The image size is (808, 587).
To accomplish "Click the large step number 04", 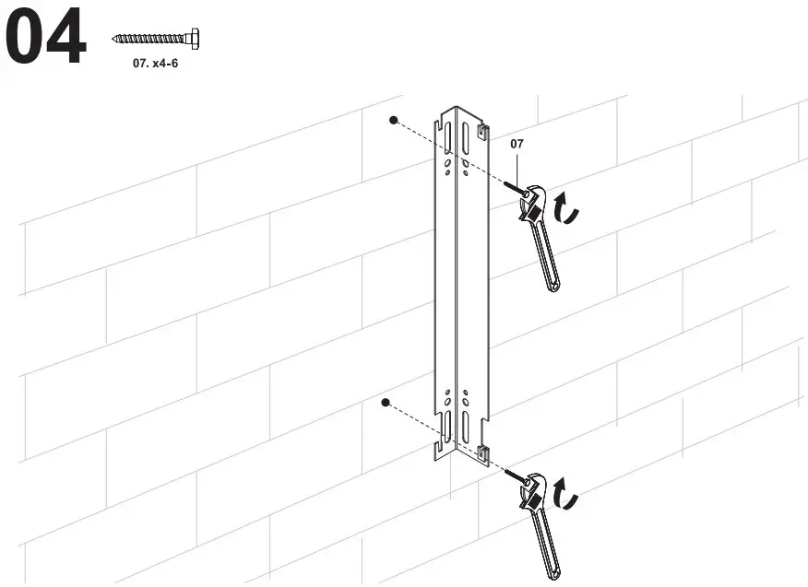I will point(46,38).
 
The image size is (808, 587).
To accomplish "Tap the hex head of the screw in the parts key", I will point(195,39).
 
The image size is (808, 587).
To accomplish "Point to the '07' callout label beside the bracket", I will point(517,144).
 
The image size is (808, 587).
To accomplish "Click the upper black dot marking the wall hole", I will point(393,120).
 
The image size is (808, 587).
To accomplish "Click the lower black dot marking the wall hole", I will point(386,403).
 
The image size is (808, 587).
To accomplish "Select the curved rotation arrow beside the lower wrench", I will point(570,499).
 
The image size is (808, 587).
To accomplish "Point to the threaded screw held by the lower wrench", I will point(513,473).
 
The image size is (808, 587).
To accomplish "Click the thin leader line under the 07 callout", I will point(520,168).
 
